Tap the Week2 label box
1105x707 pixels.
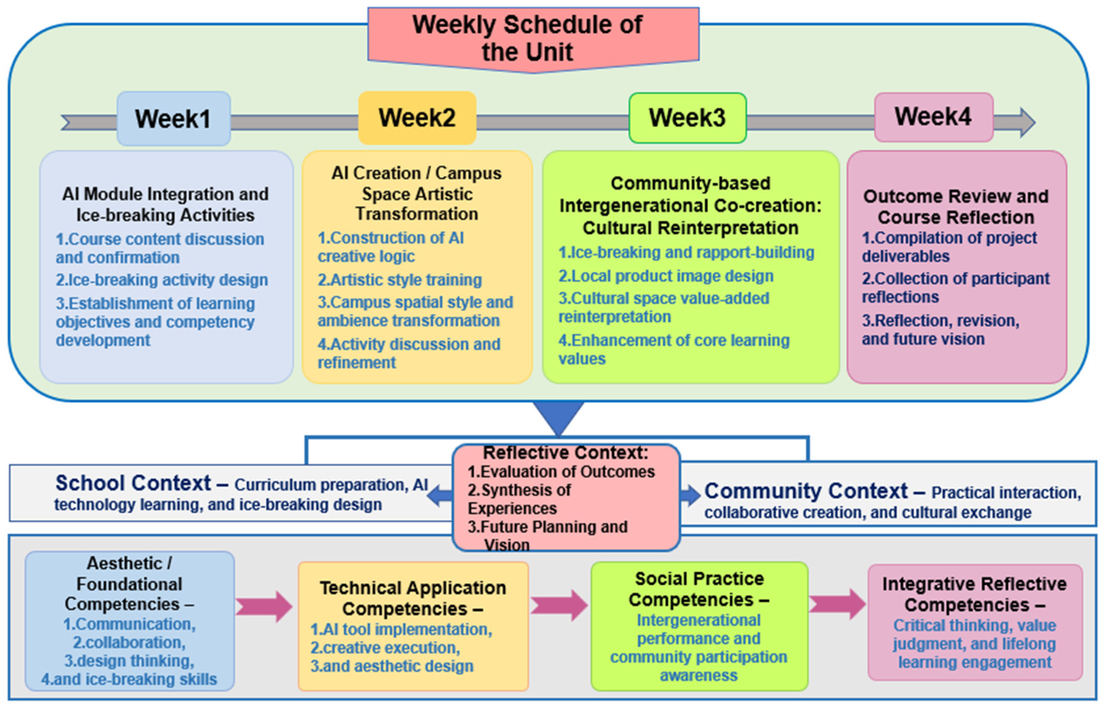417,118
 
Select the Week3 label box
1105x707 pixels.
687,118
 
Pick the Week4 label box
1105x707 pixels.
933,116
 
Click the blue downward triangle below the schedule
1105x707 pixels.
558,416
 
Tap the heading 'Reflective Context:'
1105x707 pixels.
566,453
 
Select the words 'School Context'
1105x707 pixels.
133,483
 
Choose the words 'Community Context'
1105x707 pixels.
806,491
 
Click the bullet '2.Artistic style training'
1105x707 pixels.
399,280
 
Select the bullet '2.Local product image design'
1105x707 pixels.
666,276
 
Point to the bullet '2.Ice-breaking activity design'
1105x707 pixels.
162,280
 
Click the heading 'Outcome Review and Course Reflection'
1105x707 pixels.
956,207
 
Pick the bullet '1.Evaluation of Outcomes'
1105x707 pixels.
561,471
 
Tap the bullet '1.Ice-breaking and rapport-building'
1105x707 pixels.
686,252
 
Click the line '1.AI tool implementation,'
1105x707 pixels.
401,629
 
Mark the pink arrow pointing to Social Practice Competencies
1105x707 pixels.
559,606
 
